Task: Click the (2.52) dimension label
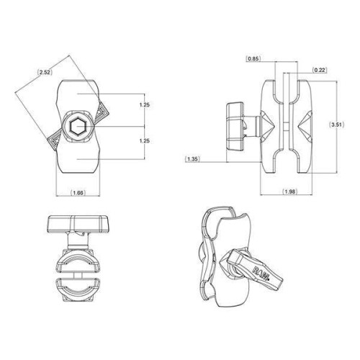pos(45,72)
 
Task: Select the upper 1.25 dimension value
pos(145,105)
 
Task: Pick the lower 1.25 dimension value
pos(145,141)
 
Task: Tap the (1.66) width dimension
pos(78,192)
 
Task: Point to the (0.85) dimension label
pos(253,58)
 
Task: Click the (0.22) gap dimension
pos(320,70)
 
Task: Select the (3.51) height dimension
pos(338,125)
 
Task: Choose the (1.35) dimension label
pos(192,159)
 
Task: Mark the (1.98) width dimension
pos(289,192)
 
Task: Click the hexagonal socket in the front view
pos(78,126)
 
